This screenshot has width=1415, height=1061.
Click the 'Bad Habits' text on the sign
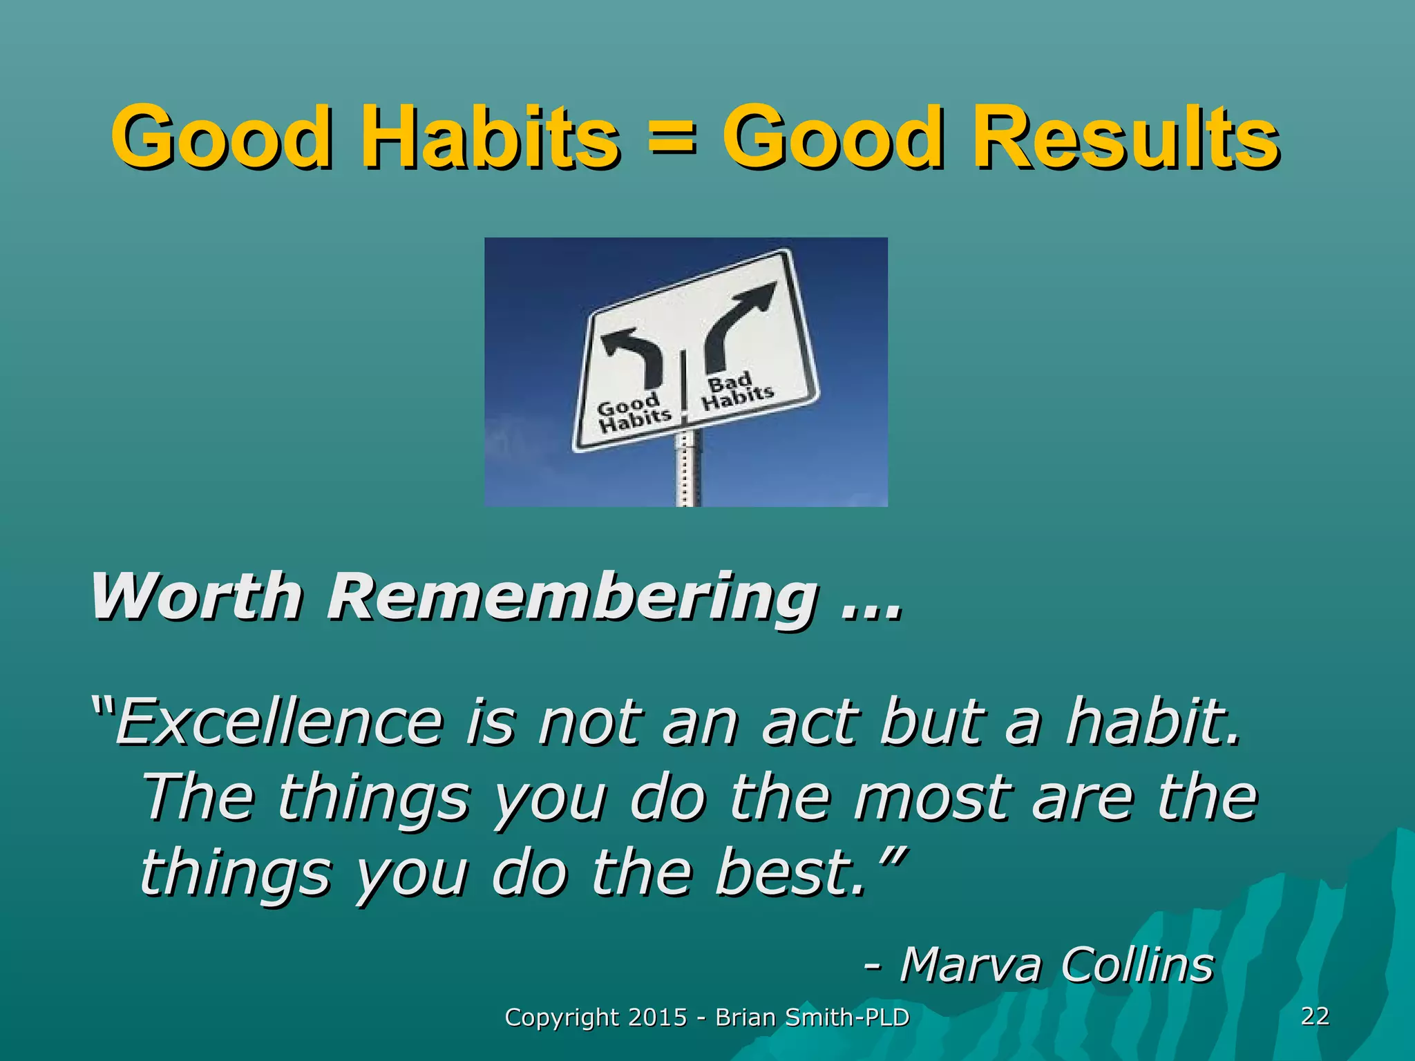pos(737,392)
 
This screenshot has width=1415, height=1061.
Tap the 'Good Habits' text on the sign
pos(633,413)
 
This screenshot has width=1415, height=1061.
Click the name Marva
pos(970,964)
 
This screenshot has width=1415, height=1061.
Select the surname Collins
pos(1137,964)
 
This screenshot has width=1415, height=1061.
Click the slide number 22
pos(1315,1015)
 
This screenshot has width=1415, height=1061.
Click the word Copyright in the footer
pos(562,1017)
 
